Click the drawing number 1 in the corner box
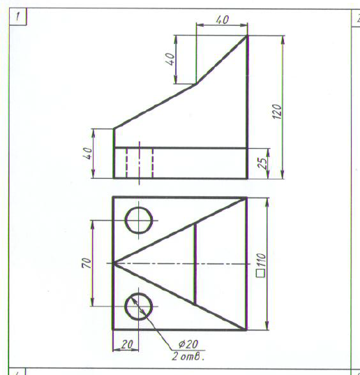(17, 17)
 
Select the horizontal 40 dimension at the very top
(223, 20)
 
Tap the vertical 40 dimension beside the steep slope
(170, 59)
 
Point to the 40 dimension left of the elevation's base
(87, 154)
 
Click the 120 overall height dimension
(277, 112)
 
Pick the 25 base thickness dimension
(263, 163)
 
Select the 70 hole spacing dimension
(87, 263)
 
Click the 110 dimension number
(261, 260)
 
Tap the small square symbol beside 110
(260, 273)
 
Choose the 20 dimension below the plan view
(126, 345)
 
